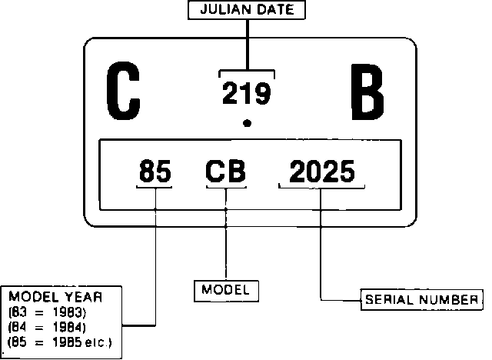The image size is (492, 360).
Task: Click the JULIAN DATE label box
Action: (x=247, y=10)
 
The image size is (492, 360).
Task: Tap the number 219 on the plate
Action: (x=246, y=94)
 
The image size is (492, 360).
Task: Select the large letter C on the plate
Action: (x=122, y=93)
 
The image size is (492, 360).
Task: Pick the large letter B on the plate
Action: (x=366, y=93)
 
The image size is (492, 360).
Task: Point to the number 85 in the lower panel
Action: (x=155, y=171)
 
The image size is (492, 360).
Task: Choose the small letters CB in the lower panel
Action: (x=226, y=171)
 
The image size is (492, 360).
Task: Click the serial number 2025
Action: (x=322, y=171)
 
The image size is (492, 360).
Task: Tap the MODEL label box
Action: (x=225, y=291)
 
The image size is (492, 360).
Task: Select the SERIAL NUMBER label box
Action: (x=421, y=299)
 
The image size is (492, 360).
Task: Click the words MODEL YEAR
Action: (x=55, y=297)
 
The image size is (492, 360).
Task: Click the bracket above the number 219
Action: (x=247, y=72)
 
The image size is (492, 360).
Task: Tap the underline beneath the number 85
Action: (x=155, y=187)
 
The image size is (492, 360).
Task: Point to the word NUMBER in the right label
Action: (x=451, y=299)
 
